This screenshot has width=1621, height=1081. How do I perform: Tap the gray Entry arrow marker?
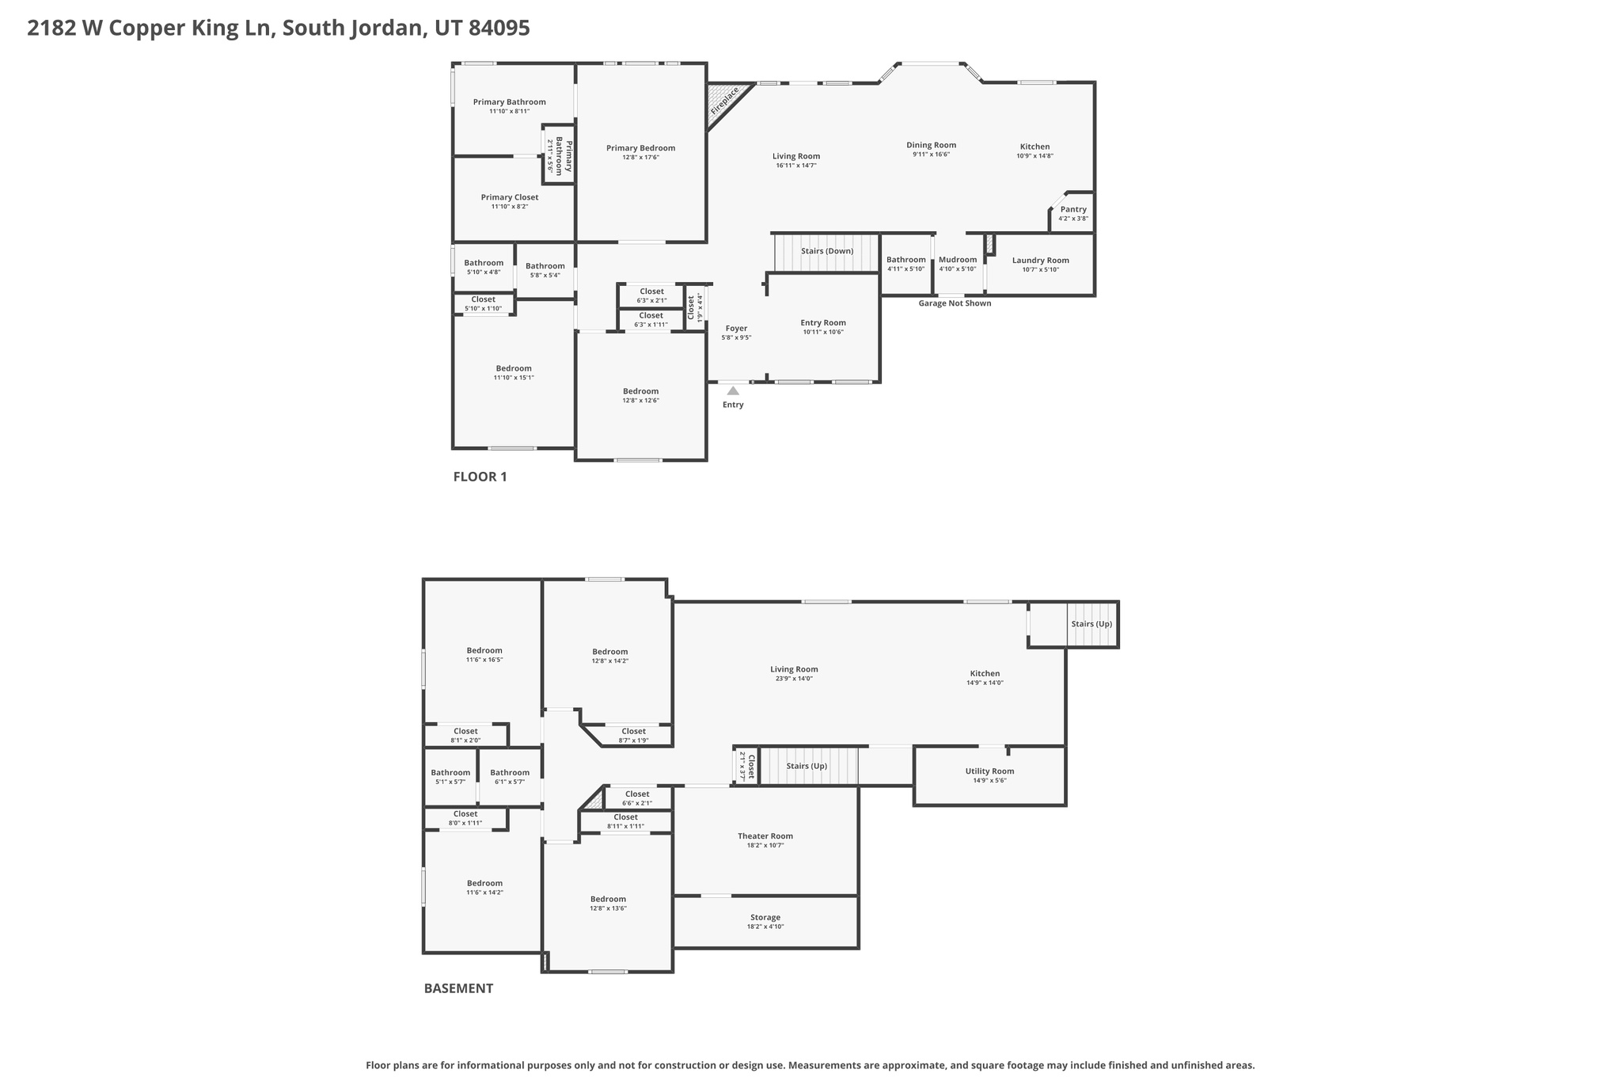[733, 390]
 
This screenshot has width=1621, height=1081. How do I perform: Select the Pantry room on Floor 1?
[1072, 213]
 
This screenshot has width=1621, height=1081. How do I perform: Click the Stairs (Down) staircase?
[826, 252]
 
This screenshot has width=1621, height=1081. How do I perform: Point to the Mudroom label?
[958, 260]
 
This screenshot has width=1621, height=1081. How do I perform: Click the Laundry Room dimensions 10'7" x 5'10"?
[1040, 270]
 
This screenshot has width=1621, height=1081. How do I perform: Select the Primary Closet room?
[510, 201]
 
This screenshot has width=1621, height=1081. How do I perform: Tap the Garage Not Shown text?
[955, 303]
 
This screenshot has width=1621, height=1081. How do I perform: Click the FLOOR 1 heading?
[480, 477]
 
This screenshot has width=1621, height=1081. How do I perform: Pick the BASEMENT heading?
[458, 988]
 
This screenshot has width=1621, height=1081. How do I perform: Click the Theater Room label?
[765, 836]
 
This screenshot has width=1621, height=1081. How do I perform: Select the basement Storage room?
[765, 921]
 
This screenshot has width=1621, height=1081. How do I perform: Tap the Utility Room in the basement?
[989, 775]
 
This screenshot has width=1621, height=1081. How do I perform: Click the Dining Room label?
[931, 145]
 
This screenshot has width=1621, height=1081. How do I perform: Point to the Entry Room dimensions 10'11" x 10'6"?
[823, 333]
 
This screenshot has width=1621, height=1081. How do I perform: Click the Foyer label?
[736, 328]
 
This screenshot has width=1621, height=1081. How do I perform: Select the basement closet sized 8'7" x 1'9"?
[633, 736]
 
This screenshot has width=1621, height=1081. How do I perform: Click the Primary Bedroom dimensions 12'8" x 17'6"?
[640, 158]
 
